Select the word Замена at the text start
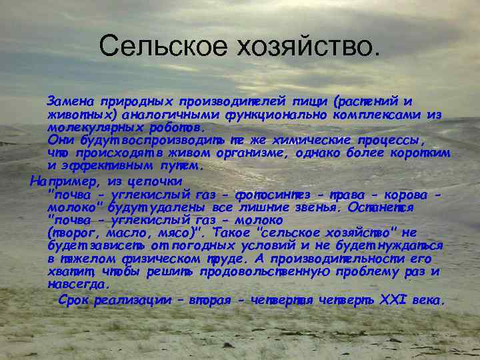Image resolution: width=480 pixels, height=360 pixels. pyautogui.click(x=69, y=101)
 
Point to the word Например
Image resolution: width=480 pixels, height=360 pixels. pyautogui.click(x=57, y=180)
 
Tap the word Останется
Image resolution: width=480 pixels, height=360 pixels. pyautogui.click(x=389, y=207)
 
